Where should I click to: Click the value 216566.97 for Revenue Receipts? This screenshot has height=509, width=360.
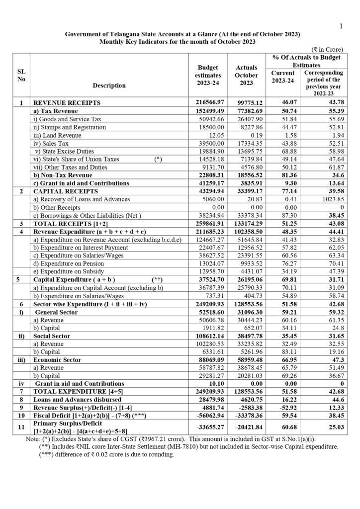[208, 103]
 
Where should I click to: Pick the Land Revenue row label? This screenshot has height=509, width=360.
[52, 135]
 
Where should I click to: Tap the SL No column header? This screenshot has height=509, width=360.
[21, 76]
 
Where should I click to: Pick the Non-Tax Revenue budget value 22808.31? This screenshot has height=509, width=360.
[208, 175]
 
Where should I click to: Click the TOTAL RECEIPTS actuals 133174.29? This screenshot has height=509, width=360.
[246, 223]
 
